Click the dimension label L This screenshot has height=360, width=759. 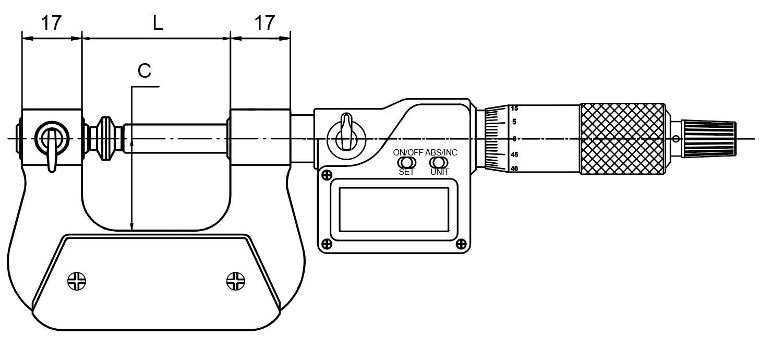coord(158,23)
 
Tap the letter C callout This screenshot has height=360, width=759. coord(144,71)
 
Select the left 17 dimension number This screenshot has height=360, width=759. coord(51,23)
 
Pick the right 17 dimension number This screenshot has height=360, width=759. coord(264,23)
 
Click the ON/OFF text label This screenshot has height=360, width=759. coord(408,152)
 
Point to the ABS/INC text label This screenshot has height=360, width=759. coord(441,152)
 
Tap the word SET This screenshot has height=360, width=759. coord(406,172)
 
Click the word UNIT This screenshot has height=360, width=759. coord(440,172)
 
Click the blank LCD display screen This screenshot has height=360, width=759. coord(394,210)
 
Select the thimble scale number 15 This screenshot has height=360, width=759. coord(514,109)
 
